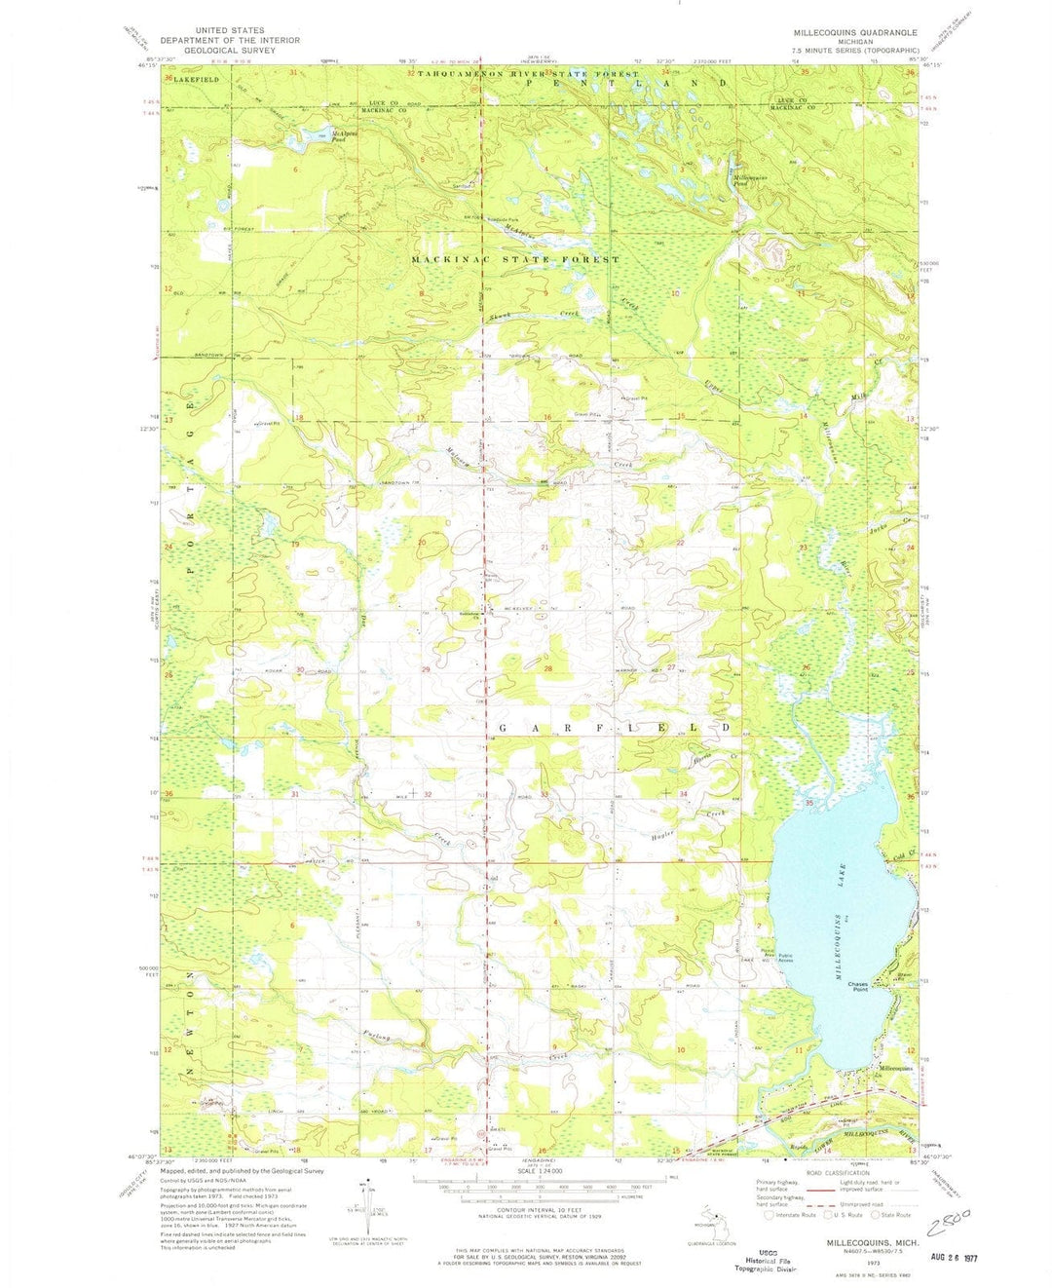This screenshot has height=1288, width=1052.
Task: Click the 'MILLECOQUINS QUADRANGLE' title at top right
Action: (855, 32)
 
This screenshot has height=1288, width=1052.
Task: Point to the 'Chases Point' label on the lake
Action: (857, 987)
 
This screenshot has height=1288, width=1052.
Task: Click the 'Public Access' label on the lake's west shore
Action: (785, 956)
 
